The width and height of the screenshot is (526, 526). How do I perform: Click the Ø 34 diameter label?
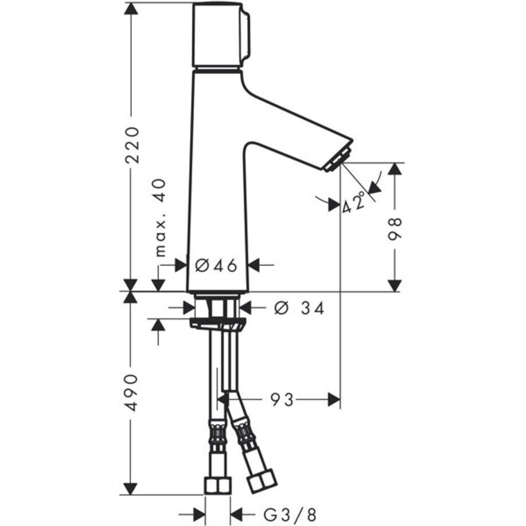click(x=299, y=308)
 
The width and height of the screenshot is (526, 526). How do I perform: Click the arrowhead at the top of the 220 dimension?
click(x=132, y=8)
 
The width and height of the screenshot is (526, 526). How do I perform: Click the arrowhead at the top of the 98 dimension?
click(x=395, y=169)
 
